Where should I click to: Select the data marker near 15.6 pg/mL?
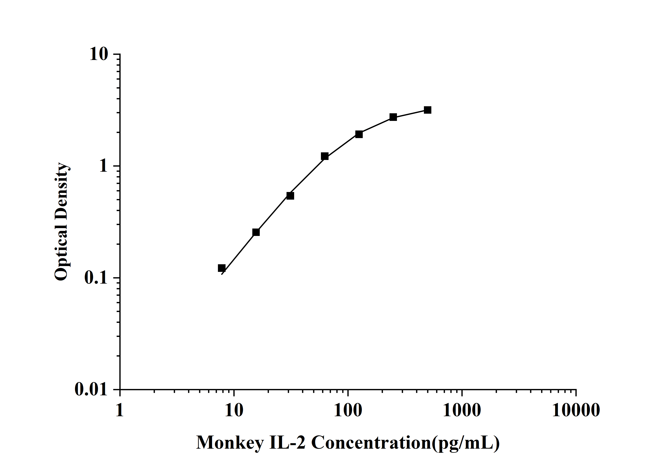pos(256,232)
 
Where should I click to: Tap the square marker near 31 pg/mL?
pos(290,196)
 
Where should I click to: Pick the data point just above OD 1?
pos(325,156)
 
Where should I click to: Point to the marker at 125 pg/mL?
pos(359,134)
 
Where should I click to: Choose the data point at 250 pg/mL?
pos(393,117)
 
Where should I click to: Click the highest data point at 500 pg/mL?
pos(427,110)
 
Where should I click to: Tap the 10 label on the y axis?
pos(99,54)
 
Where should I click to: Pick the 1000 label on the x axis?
pos(462,411)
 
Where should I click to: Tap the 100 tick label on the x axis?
pos(348,411)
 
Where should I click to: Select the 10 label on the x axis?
pos(234,411)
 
